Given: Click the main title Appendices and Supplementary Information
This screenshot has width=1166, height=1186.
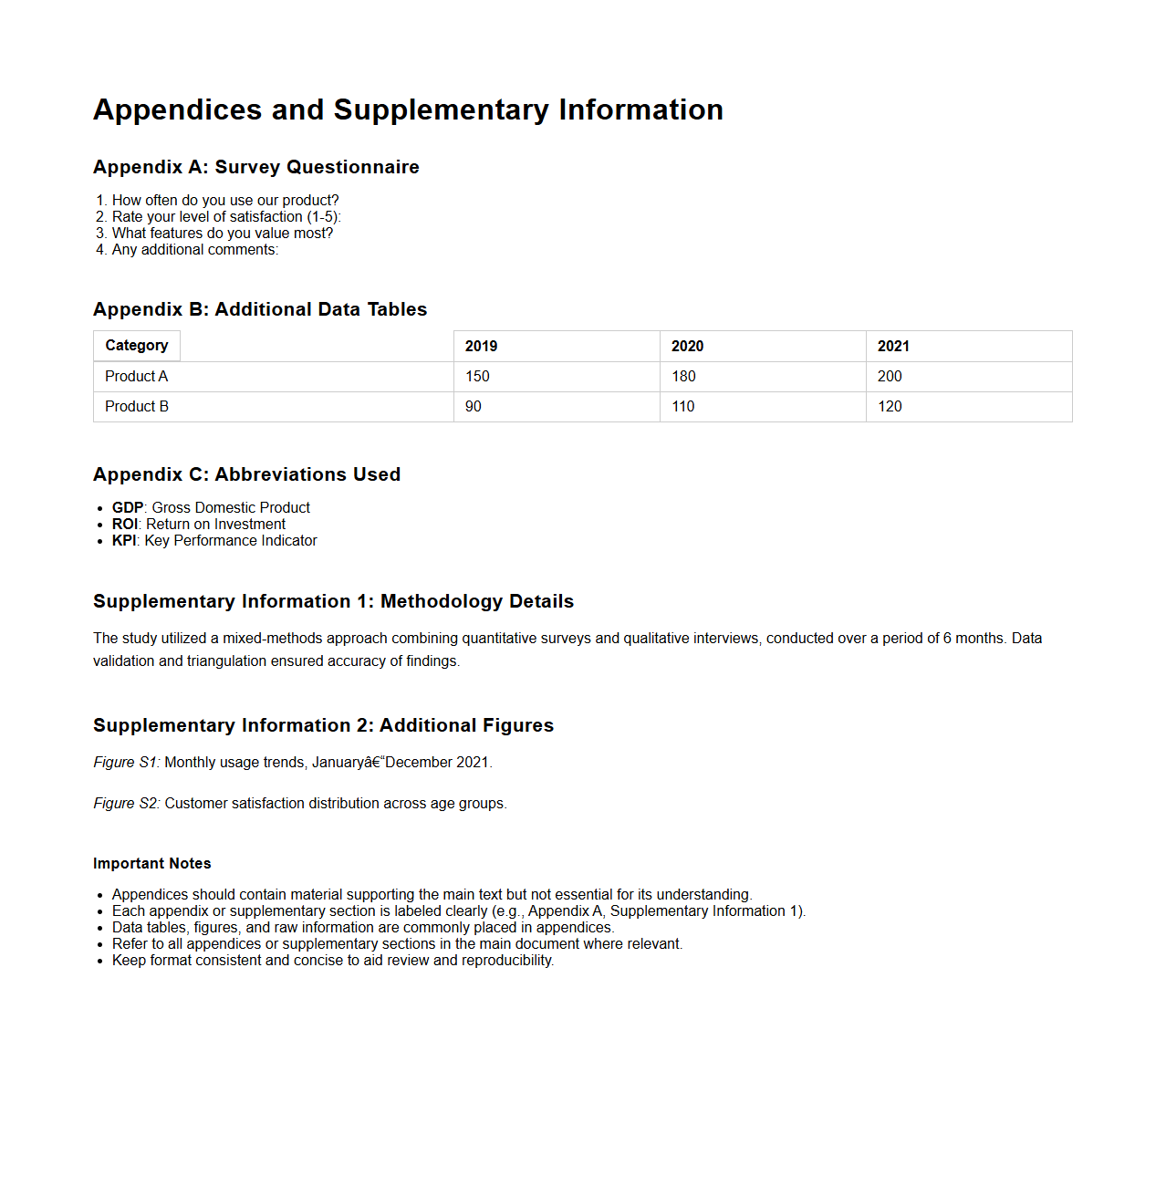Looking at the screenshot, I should [x=408, y=109].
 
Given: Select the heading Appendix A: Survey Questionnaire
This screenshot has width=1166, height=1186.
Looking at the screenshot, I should [x=255, y=167].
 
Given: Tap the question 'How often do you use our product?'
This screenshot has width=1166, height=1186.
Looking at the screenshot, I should [x=224, y=200].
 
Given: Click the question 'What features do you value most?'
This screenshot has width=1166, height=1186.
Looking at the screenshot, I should [x=222, y=233].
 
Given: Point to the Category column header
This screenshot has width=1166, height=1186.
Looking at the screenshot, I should [x=137, y=346].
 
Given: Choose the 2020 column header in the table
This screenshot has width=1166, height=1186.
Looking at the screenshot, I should [x=687, y=347].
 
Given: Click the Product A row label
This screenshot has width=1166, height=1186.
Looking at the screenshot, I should [x=137, y=377].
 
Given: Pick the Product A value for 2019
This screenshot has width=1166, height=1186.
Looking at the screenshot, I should [x=477, y=377].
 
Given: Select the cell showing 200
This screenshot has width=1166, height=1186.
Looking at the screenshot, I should [x=890, y=377].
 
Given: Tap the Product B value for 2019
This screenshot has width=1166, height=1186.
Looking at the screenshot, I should [x=474, y=407].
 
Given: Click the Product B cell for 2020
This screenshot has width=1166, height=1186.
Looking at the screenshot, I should [x=683, y=407].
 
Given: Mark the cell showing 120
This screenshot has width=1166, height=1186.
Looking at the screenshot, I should [x=890, y=407].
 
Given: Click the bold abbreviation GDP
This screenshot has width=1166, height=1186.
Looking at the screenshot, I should [x=128, y=508].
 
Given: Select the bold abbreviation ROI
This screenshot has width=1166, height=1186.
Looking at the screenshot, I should [x=124, y=525].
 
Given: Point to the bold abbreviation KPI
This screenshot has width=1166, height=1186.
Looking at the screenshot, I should [x=123, y=541].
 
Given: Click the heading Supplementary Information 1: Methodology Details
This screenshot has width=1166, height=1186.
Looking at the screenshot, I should [x=333, y=601].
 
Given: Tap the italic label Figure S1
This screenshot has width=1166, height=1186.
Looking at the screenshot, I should [x=126, y=763].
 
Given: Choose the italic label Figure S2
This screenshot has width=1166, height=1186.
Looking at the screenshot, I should [x=126, y=804].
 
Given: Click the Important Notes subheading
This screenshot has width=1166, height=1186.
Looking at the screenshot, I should [x=151, y=864].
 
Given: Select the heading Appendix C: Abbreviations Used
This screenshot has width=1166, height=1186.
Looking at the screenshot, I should [x=246, y=474].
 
